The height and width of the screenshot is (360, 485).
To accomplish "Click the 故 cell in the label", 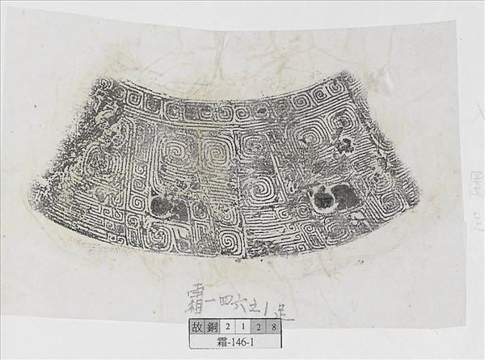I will (x=197, y=328).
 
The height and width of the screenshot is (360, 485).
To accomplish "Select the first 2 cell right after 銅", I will (x=230, y=328).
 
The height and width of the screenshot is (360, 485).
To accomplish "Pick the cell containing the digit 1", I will (x=246, y=328).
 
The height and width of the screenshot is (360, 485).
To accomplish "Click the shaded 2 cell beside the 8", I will (x=261, y=328).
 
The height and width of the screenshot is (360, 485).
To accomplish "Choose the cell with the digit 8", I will (x=276, y=328).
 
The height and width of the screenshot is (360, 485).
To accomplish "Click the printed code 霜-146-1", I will (x=236, y=342).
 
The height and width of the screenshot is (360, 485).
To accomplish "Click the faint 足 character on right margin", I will (x=474, y=218).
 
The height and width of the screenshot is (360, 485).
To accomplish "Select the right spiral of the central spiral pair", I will (x=217, y=149).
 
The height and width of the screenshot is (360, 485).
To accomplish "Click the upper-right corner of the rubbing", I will (x=349, y=75).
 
